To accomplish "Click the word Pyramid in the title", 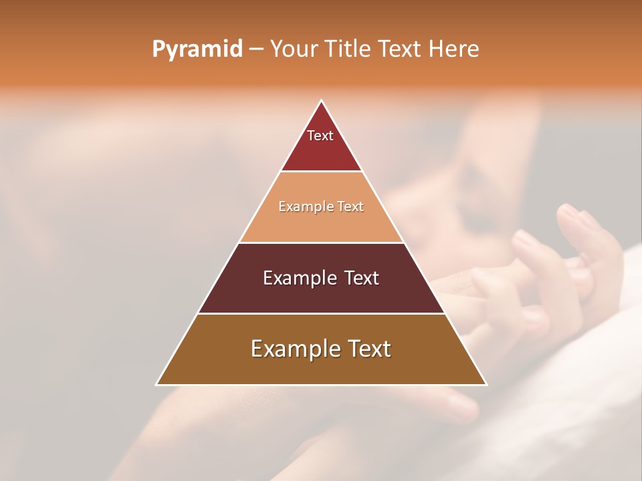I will point(197,49).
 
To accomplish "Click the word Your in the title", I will point(294,49).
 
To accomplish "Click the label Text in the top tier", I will point(320,136).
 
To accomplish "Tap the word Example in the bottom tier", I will point(292,349).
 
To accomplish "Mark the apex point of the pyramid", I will point(321,100).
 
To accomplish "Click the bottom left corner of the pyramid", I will point(156,385).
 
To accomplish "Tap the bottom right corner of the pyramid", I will point(486,385).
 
